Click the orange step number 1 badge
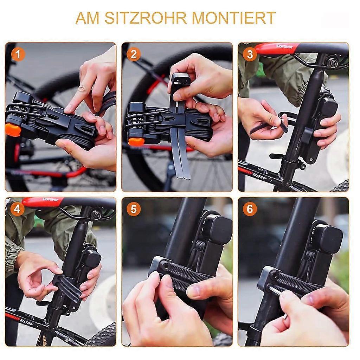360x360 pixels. coord(18,54)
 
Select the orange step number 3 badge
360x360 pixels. coord(250,54)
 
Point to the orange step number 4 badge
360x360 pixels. coord(17,209)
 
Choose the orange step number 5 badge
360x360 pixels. coord(134,209)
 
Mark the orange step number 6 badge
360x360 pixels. coord(250,209)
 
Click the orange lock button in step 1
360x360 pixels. coord(13,129)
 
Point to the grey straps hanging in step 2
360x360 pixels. coord(181,151)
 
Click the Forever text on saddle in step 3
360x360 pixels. coord(284,47)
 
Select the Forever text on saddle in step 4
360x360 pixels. coord(50,200)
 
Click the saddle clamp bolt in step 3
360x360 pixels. coord(333,63)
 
